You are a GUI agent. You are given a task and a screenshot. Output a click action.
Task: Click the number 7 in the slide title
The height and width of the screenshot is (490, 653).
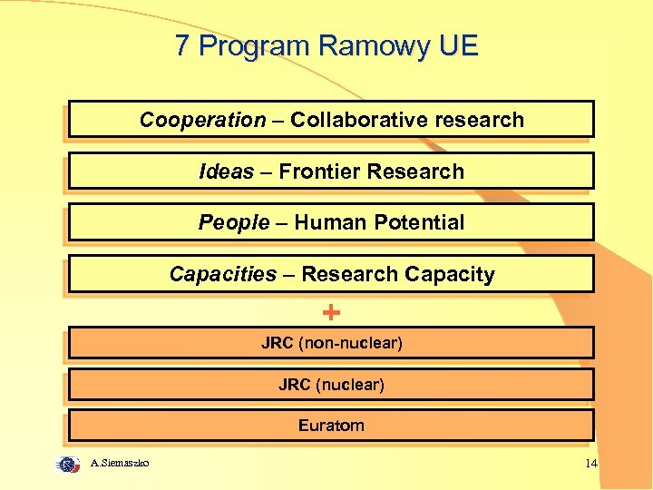tap(182, 46)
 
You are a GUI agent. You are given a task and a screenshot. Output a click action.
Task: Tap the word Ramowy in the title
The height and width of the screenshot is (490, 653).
tap(360, 46)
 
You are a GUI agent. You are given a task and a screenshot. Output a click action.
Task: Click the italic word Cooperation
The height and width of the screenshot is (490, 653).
tap(202, 120)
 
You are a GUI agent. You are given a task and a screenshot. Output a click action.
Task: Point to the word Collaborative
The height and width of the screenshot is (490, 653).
tap(359, 120)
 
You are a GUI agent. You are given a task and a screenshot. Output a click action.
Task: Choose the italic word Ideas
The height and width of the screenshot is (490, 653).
tap(226, 171)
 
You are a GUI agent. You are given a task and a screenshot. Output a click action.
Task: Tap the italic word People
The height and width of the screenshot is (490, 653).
tap(234, 222)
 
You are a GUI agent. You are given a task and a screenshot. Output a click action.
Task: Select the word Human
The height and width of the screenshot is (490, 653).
tap(327, 222)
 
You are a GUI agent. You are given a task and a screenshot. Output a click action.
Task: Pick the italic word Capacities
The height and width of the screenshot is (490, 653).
tap(223, 274)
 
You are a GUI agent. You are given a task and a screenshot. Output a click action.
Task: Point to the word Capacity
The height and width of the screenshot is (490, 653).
tap(450, 274)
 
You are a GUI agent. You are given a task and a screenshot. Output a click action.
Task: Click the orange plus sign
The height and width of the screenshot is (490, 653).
tap(332, 313)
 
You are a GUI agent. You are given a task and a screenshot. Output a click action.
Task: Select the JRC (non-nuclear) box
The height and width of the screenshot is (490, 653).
tap(331, 343)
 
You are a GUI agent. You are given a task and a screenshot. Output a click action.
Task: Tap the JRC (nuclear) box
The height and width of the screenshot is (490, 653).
tap(331, 385)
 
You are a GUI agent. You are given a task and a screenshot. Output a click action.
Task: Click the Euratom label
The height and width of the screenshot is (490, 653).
tap(331, 425)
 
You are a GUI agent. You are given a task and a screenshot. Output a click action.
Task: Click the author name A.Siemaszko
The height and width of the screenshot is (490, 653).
tap(121, 464)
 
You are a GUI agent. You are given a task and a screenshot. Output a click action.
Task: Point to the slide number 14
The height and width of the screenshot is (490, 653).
tap(591, 465)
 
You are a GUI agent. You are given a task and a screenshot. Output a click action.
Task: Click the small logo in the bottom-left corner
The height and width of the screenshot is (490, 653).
tap(68, 464)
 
